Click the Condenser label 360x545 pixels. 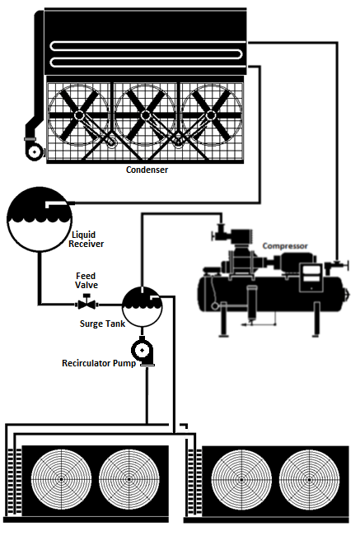coord(147,170)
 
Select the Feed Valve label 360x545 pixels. coord(86,280)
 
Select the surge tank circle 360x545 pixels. coord(142,306)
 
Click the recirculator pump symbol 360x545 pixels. coord(145,352)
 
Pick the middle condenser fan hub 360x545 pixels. coord(145,115)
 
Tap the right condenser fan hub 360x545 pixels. coord(213,115)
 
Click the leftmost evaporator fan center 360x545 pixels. coord(60,480)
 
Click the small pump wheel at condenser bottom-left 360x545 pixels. coord(33,151)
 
